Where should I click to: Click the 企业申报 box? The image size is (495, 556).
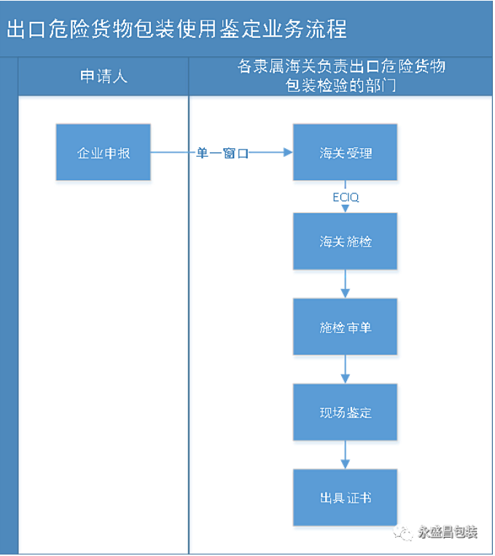[103, 152]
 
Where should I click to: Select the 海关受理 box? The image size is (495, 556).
[345, 152]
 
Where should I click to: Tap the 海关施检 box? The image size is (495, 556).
[345, 241]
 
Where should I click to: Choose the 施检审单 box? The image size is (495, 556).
[345, 327]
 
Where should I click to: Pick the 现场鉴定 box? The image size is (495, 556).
[345, 412]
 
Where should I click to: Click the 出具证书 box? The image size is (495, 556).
[345, 498]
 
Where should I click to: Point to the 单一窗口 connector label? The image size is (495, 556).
[222, 153]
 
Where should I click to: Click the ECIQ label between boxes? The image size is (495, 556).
[346, 197]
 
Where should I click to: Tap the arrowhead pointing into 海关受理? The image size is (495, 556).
[288, 152]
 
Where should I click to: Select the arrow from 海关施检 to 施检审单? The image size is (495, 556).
[345, 284]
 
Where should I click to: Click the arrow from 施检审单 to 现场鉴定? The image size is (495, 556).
[345, 369]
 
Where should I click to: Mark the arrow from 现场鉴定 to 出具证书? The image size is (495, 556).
[345, 455]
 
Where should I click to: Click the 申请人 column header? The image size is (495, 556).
[104, 76]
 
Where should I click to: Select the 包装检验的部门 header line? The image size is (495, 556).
[340, 85]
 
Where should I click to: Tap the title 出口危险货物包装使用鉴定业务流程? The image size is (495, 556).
[176, 28]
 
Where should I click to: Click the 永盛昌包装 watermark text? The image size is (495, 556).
[448, 532]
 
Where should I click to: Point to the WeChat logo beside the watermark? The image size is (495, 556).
[403, 533]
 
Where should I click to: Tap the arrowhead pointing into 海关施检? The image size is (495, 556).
[345, 209]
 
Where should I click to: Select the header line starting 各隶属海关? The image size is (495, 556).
[341, 66]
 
